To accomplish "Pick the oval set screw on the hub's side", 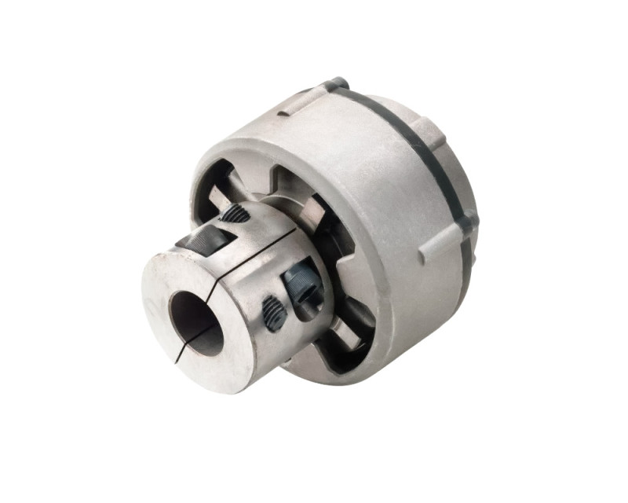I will tap(272, 312).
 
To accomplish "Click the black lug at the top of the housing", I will tap(336, 83).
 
